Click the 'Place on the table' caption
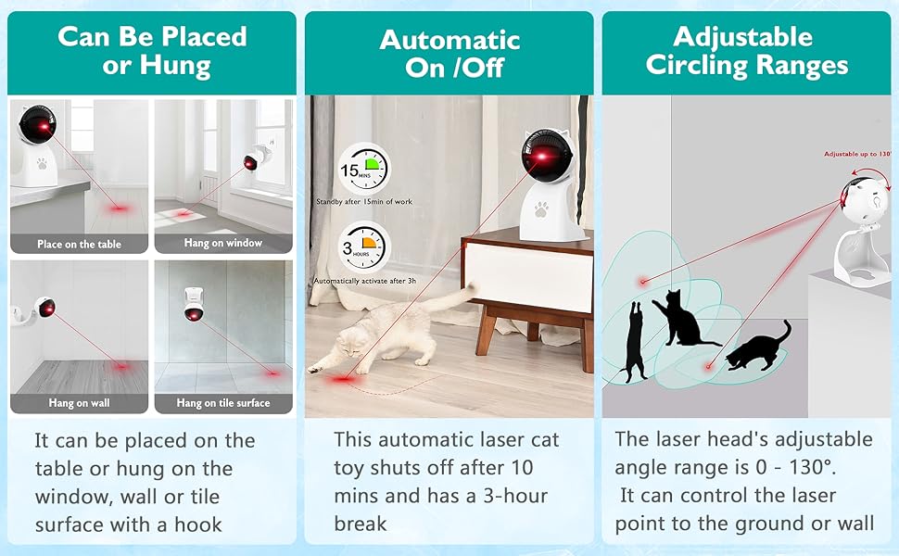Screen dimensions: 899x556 tap(79, 245)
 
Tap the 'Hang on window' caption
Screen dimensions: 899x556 tap(223, 243)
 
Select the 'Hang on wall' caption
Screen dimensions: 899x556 tap(79, 403)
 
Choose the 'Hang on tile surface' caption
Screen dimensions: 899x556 tap(223, 403)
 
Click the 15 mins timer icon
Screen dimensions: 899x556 tap(364, 169)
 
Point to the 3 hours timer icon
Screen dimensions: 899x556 tap(363, 247)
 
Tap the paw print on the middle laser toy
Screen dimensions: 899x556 tap(540, 209)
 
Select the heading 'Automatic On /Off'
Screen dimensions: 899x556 tap(450, 54)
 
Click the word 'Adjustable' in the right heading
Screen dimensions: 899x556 tap(743, 37)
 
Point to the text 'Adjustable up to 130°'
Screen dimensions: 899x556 tap(857, 154)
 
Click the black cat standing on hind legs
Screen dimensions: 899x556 tap(634, 342)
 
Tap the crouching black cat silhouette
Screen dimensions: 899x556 tap(758, 347)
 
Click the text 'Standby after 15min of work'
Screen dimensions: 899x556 tap(364, 202)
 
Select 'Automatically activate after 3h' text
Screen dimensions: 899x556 tap(364, 281)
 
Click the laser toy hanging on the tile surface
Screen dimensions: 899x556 tap(194, 304)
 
